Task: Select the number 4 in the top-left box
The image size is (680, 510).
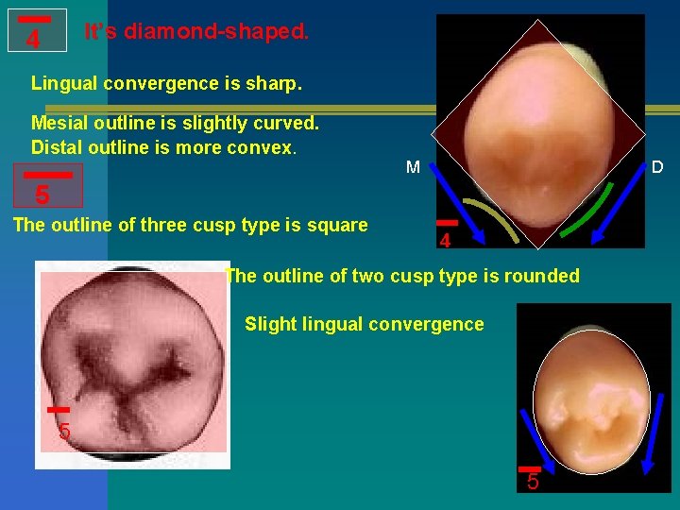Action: click(34, 40)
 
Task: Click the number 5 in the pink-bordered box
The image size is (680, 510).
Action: click(42, 195)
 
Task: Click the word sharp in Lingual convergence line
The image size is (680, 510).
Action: click(273, 83)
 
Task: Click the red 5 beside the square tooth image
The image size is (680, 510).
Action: click(64, 433)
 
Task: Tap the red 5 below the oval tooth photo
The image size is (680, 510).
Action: click(533, 483)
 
